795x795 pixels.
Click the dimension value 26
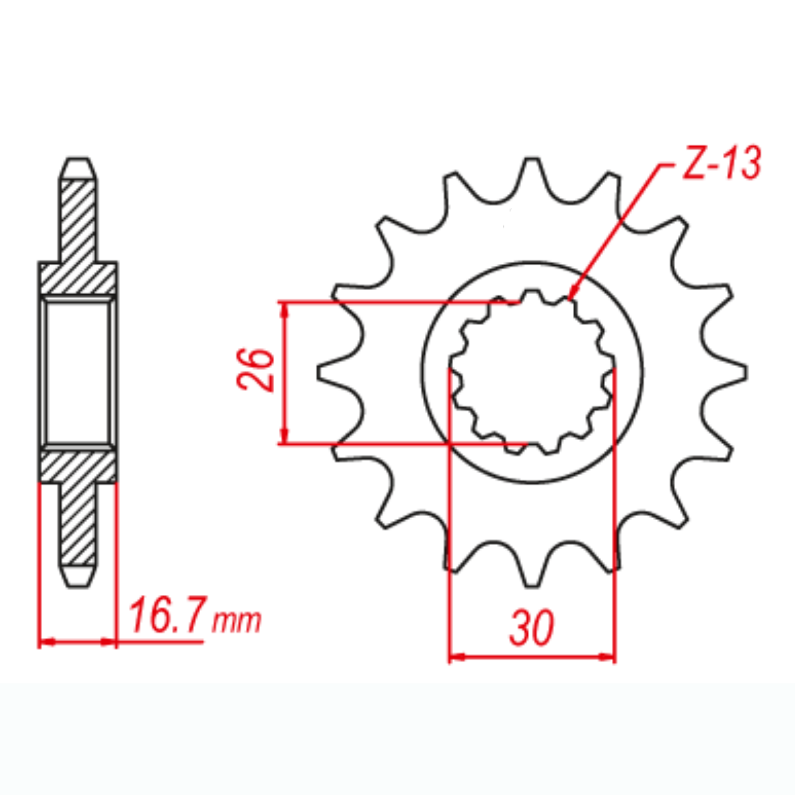[x=255, y=370]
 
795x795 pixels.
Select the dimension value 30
[x=531, y=628]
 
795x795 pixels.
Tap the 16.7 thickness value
[x=167, y=616]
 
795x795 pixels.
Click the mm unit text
[x=237, y=621]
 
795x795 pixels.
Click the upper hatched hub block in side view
[x=78, y=278]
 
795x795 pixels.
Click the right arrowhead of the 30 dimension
[x=608, y=657]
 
